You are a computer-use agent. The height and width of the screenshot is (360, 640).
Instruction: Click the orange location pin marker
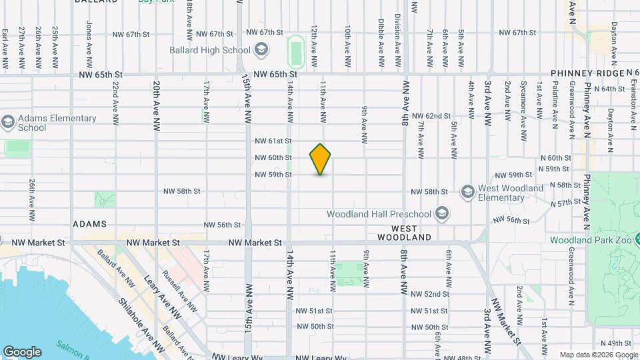(321, 159)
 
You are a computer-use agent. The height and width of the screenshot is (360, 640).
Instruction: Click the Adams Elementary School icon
(7, 123)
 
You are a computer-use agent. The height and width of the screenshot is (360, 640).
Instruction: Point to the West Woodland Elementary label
(510, 193)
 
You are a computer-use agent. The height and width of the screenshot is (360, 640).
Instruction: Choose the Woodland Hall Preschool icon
(440, 214)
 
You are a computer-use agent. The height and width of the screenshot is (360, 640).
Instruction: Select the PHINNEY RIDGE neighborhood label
(587, 73)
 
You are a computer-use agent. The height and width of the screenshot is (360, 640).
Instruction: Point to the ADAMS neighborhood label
(90, 225)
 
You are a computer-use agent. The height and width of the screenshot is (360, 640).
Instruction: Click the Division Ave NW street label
(397, 41)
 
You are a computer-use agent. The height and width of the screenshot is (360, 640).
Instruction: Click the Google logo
(22, 351)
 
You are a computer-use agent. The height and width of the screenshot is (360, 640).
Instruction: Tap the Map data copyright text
(598, 355)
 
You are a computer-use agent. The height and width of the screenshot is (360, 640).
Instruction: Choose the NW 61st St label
(273, 141)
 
